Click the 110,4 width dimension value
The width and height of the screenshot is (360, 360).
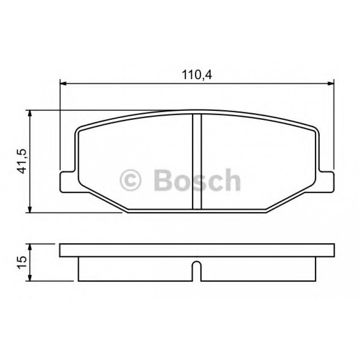point(196,75)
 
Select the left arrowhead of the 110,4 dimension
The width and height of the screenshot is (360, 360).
point(63,83)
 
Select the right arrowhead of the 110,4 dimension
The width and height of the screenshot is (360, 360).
point(331,83)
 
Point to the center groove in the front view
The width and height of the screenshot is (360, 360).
point(197,161)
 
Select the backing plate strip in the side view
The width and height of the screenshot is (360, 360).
point(197,250)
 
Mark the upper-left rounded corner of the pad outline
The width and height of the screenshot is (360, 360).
point(79,131)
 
